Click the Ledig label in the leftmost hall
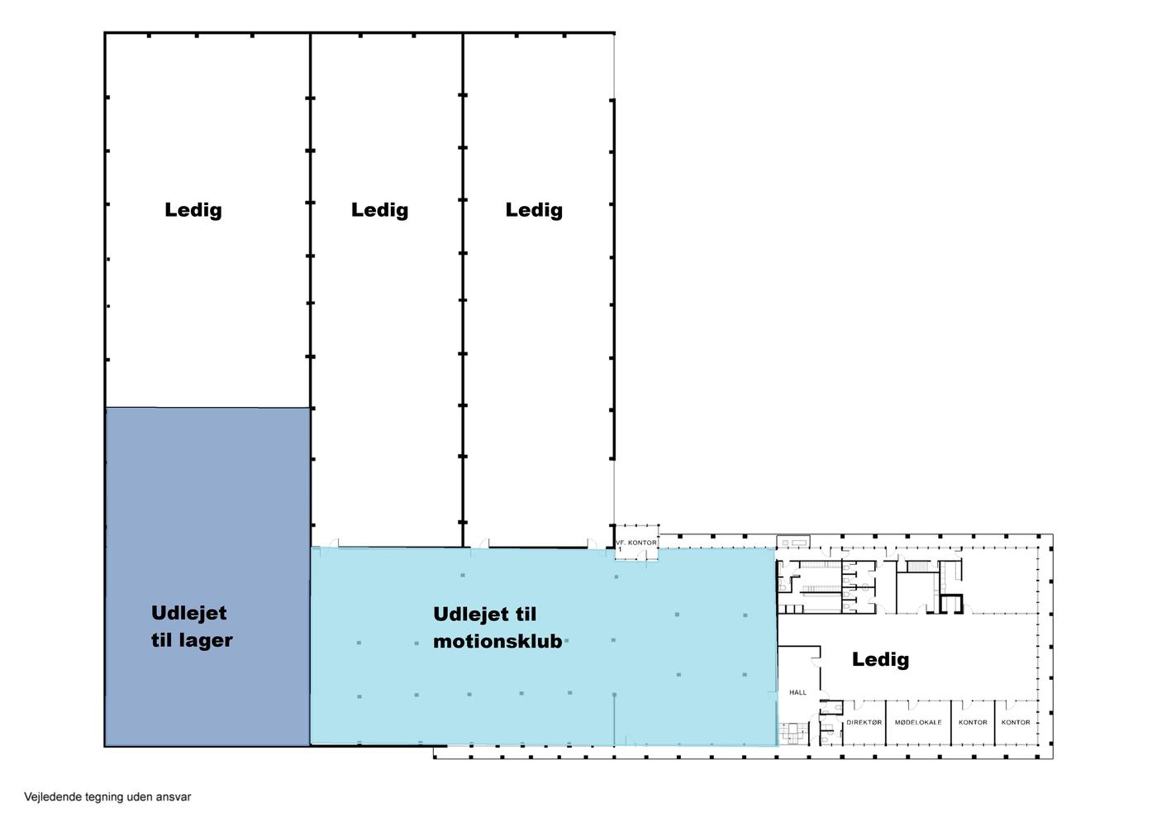click(x=193, y=210)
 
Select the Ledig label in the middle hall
click(x=379, y=210)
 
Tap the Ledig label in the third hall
click(x=534, y=210)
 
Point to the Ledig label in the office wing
click(x=880, y=660)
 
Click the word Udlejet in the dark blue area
click(x=188, y=613)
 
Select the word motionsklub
click(x=498, y=641)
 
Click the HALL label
click(x=798, y=692)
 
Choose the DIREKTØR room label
click(x=864, y=722)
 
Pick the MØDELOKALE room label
click(x=918, y=722)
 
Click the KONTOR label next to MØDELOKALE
click(x=973, y=722)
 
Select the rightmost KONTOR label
click(x=1016, y=722)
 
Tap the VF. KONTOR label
click(x=636, y=543)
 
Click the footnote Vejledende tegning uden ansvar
click(x=107, y=796)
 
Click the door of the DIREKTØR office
click(x=859, y=705)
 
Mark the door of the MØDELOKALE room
click(x=913, y=705)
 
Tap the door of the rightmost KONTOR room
click(x=1010, y=705)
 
